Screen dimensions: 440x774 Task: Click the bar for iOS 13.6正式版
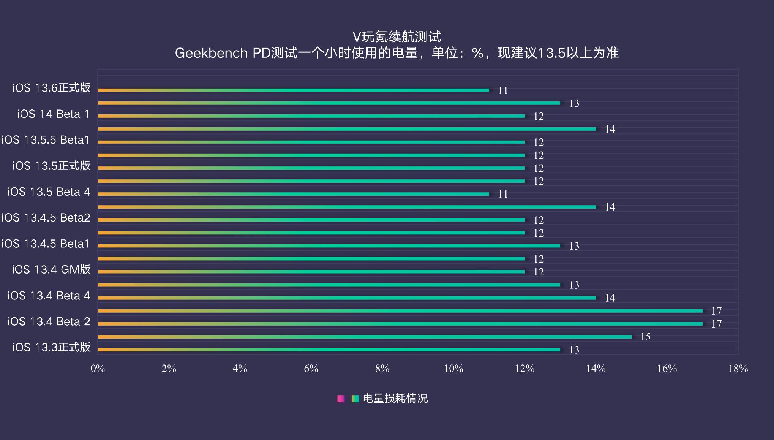click(293, 90)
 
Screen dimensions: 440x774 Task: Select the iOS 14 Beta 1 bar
click(311, 116)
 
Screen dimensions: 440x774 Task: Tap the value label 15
click(645, 337)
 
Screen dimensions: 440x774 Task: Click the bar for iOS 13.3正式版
click(329, 350)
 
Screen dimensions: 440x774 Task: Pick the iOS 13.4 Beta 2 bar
click(400, 324)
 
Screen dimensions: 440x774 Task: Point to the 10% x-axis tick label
click(453, 369)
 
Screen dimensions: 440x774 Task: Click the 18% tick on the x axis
click(738, 369)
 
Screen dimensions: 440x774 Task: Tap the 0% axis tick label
click(98, 369)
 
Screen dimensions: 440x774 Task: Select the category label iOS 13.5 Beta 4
click(49, 192)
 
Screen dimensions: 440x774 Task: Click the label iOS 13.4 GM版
click(51, 270)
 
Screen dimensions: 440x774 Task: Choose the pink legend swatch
click(341, 399)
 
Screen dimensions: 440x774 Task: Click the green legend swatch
click(355, 399)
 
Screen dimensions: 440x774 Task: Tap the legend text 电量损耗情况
click(395, 399)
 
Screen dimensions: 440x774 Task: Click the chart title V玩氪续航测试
click(396, 37)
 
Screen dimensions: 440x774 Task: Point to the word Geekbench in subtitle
click(211, 53)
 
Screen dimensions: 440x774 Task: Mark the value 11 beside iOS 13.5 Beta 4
click(503, 194)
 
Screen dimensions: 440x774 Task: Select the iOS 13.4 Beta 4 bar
click(347, 298)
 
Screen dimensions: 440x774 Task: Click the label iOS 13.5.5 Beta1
click(46, 140)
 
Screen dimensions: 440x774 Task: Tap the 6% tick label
click(311, 369)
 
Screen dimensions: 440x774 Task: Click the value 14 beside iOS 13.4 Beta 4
click(610, 298)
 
